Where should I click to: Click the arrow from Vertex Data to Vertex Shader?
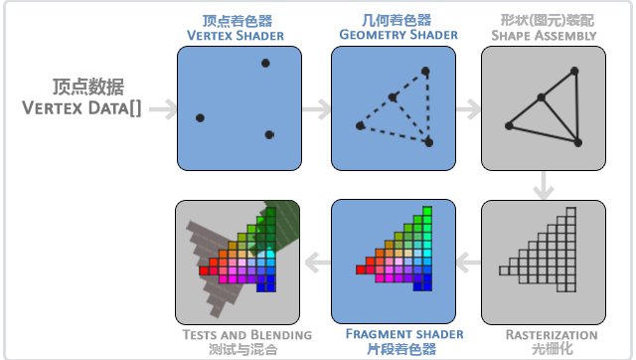tap(162, 106)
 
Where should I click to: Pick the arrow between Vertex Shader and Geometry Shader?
tap(314, 106)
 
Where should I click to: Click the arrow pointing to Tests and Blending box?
tap(314, 262)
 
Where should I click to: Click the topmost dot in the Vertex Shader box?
tap(265, 64)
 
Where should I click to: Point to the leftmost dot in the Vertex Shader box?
tap(200, 118)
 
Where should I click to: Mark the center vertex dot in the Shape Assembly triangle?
tap(541, 97)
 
